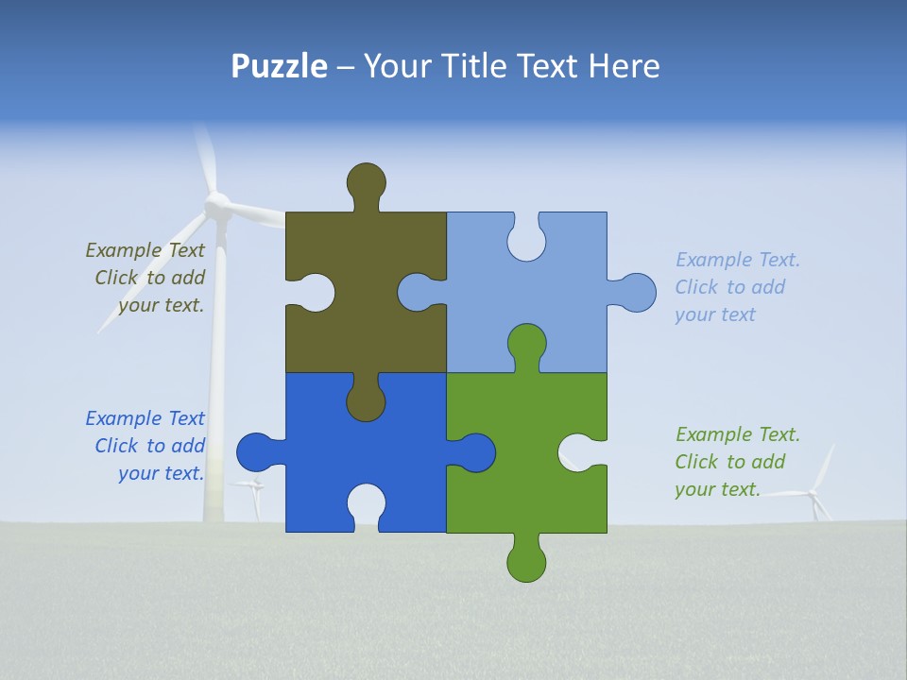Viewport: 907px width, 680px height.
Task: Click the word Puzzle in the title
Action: click(x=279, y=66)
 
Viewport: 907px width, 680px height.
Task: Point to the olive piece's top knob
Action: click(x=366, y=181)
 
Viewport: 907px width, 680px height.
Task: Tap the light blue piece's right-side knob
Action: click(x=638, y=292)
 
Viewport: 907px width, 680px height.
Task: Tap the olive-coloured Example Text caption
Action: click(x=146, y=278)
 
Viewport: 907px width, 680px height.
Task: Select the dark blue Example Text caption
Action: click(x=146, y=446)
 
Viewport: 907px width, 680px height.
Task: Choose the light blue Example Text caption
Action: click(x=736, y=287)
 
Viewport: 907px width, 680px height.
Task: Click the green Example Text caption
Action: click(x=736, y=462)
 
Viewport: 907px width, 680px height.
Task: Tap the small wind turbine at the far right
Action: click(x=815, y=492)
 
